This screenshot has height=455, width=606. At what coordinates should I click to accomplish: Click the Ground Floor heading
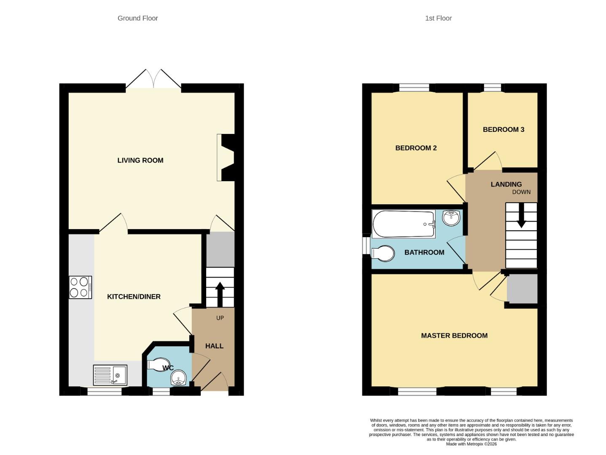(x=137, y=18)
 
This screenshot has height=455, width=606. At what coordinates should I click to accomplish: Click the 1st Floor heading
(x=438, y=18)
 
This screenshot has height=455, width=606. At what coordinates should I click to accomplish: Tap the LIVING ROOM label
(x=140, y=160)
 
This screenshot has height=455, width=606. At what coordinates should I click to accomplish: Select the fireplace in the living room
(x=226, y=158)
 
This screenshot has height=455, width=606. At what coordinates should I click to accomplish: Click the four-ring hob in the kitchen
(x=80, y=287)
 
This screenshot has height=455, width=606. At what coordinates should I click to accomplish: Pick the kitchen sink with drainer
(x=110, y=375)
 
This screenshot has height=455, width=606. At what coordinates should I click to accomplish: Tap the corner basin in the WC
(x=179, y=378)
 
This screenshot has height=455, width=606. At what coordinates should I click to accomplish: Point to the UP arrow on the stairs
(x=220, y=294)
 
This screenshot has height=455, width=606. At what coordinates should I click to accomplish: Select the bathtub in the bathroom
(x=404, y=224)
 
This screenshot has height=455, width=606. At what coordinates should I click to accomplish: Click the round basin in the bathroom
(x=451, y=218)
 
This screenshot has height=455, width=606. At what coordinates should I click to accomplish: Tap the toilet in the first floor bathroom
(x=383, y=254)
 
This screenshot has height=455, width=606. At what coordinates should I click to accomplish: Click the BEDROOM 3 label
(x=503, y=129)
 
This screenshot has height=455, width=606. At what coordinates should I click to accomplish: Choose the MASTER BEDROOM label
(x=454, y=335)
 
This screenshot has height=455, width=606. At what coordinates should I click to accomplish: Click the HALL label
(x=214, y=346)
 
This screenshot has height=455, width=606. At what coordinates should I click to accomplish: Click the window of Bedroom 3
(x=492, y=88)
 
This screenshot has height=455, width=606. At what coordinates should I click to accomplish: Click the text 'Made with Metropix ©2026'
(x=471, y=444)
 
